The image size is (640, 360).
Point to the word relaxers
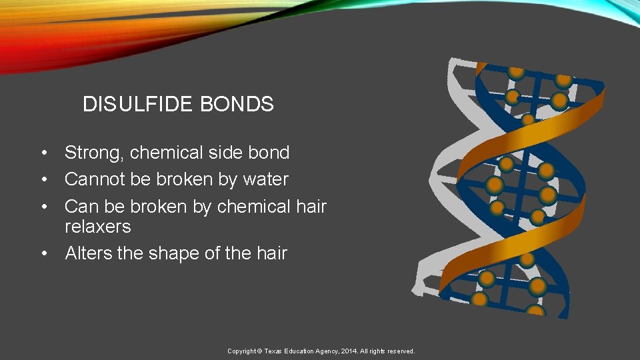point(97,227)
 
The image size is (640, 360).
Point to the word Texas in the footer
point(273,351)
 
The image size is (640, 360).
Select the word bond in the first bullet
point(269,153)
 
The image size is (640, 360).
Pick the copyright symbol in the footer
point(260,351)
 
